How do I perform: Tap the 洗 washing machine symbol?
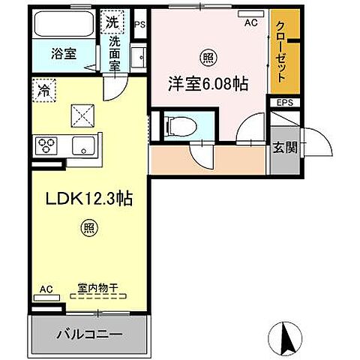click(111, 22)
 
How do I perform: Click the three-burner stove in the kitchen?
click(46, 145)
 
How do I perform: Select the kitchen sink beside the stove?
click(80, 145)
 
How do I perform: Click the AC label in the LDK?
click(46, 287)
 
